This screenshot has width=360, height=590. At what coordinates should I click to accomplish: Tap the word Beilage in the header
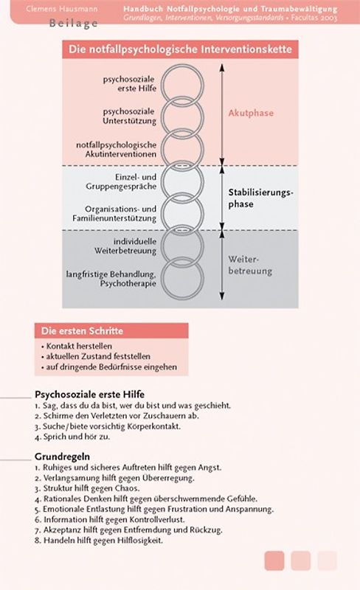[x=74, y=23]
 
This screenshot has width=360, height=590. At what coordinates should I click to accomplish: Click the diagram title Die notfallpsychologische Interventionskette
[x=180, y=49]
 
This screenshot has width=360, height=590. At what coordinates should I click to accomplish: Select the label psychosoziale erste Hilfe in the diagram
[x=130, y=82]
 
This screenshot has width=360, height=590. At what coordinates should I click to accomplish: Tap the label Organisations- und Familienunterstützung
[x=120, y=213]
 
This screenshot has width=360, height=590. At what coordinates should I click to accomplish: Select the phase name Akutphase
[x=250, y=113]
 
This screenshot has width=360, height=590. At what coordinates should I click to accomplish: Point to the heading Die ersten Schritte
[x=82, y=330]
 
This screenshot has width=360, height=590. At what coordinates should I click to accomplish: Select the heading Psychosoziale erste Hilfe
[x=89, y=394]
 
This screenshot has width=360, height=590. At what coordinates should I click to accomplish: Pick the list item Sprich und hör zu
[x=74, y=437]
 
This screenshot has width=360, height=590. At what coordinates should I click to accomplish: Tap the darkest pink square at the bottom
[x=274, y=561]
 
